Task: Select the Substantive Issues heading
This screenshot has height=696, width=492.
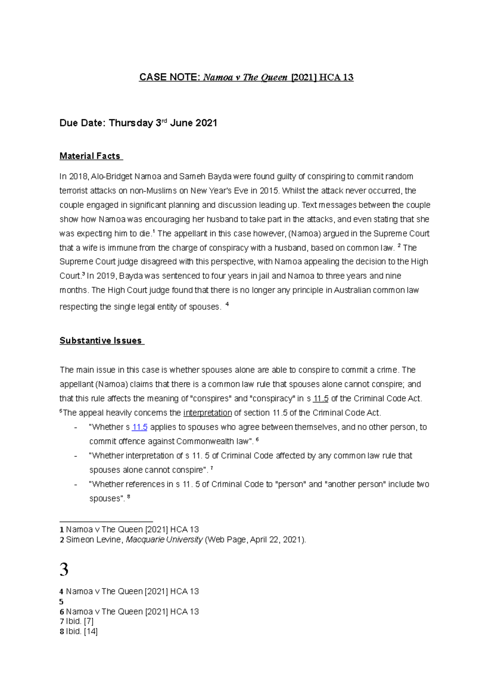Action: pos(101,341)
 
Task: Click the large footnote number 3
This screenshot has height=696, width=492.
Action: pos(64,570)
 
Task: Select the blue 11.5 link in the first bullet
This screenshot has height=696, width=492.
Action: pos(139,427)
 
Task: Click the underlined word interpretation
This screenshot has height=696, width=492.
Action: pos(207,413)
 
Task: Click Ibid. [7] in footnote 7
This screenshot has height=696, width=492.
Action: pos(80,621)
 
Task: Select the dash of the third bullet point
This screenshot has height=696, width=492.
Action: pos(75,484)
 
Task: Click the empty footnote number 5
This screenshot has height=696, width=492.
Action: pos(61,602)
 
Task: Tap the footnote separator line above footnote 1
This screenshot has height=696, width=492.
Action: pos(106,521)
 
